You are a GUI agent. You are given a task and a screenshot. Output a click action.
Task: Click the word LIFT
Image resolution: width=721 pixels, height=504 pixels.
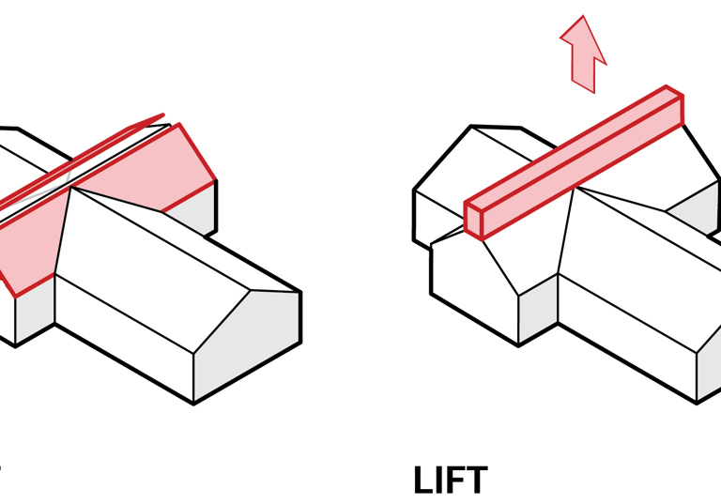450,481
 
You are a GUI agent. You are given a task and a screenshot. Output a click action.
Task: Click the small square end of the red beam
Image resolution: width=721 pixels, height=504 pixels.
473,218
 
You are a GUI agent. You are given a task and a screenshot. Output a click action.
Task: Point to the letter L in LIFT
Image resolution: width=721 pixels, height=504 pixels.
424,481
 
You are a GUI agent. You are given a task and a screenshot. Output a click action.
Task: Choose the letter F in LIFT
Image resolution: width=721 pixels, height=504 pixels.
454,481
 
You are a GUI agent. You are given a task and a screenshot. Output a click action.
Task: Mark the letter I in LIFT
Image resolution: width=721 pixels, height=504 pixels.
439,481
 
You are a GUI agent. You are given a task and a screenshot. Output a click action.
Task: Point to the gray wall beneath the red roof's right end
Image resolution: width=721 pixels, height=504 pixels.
192,211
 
